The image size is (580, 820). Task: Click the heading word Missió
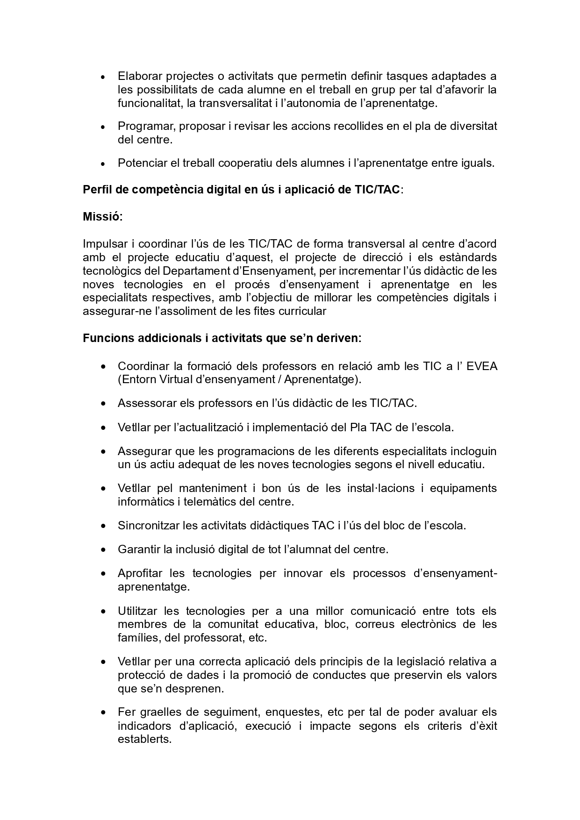click(x=102, y=217)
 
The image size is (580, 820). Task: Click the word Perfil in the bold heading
click(x=96, y=190)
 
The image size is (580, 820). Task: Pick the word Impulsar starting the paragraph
click(x=103, y=244)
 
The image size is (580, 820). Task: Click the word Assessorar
click(x=147, y=403)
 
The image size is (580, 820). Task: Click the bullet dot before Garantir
click(x=103, y=550)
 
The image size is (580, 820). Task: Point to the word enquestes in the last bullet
click(x=293, y=713)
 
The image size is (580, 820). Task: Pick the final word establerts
click(x=144, y=740)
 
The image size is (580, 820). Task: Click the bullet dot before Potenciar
click(x=103, y=164)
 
